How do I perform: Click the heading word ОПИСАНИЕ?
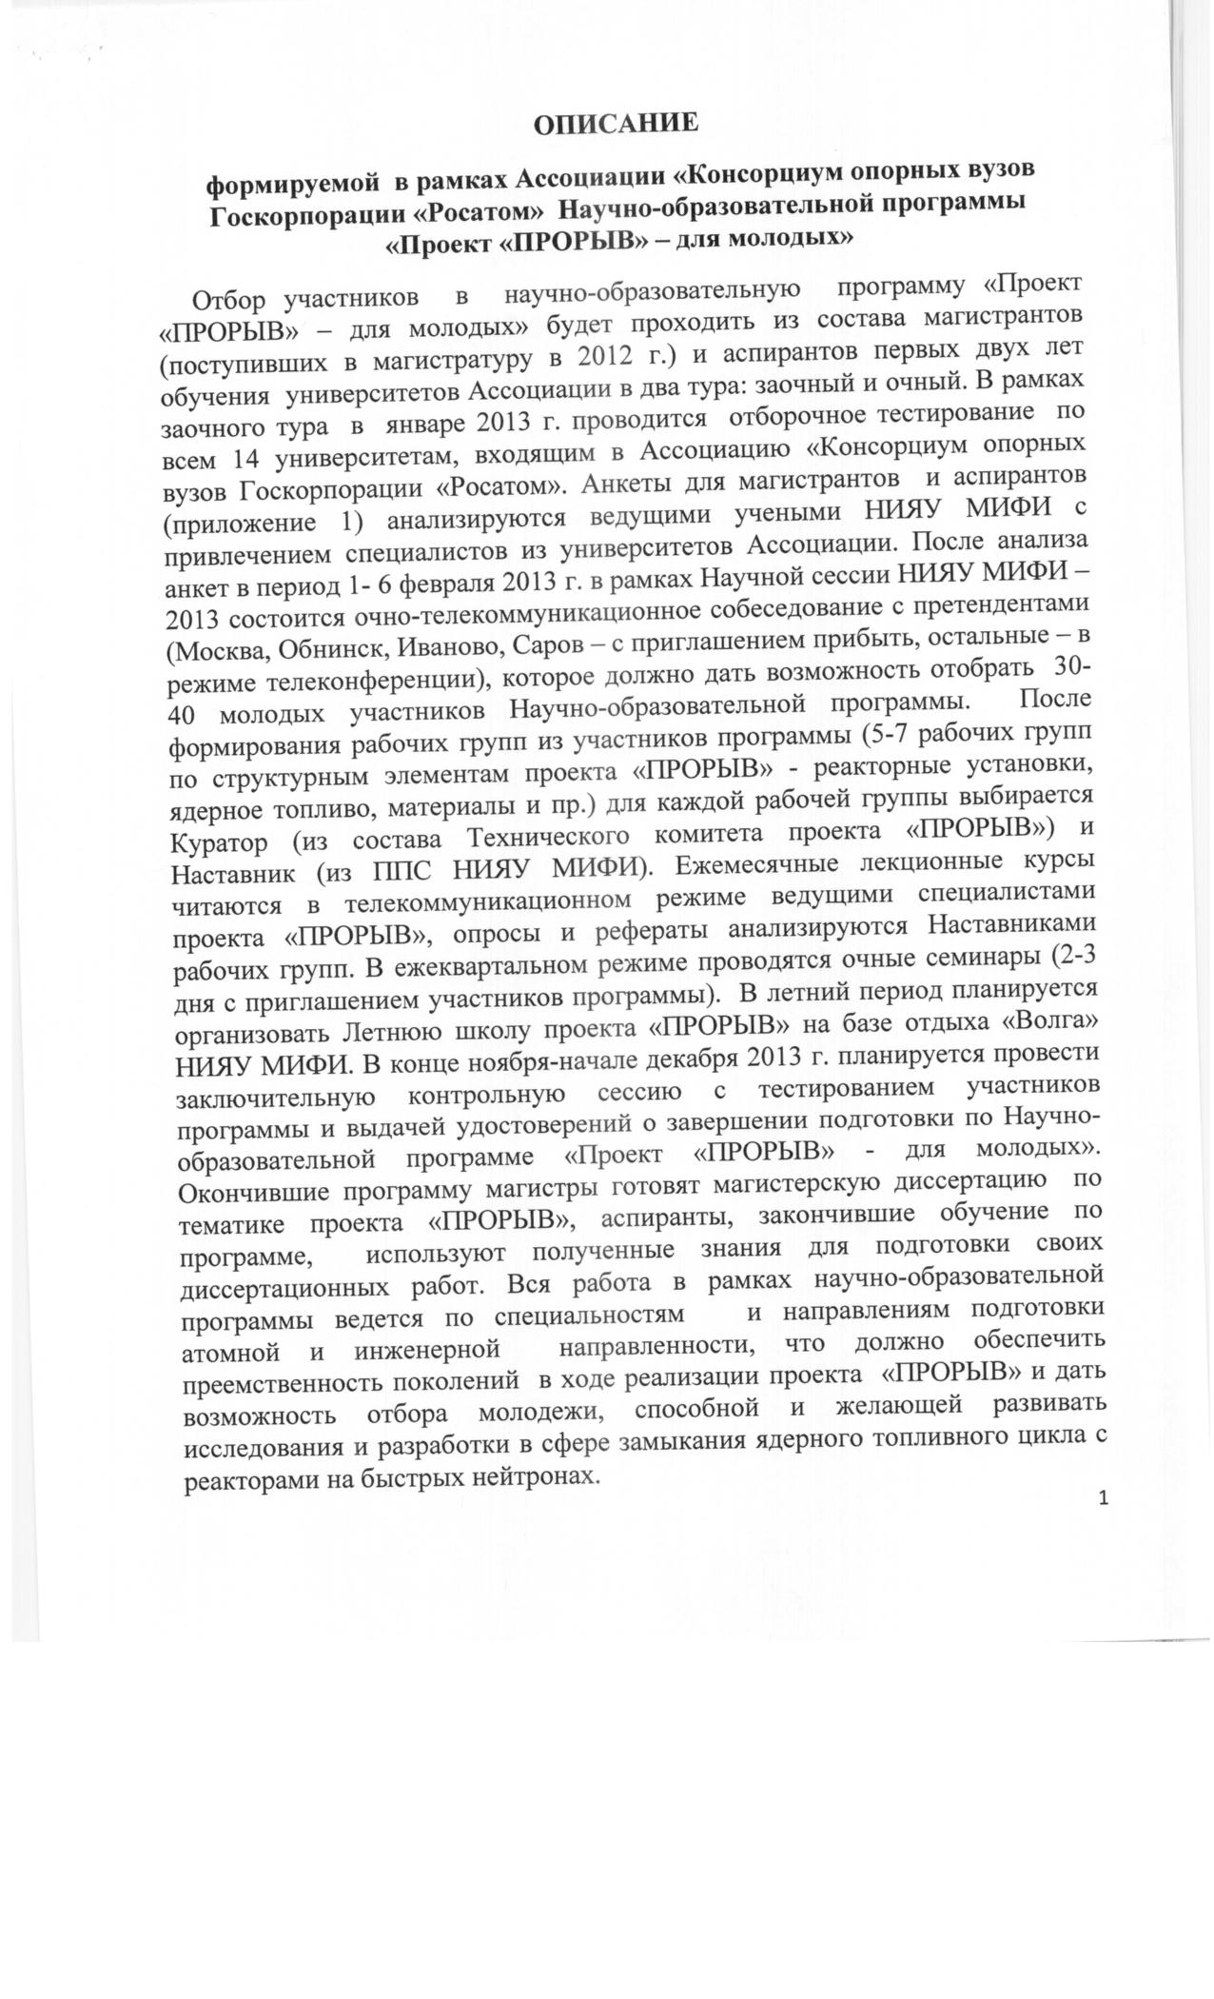click(x=616, y=123)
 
